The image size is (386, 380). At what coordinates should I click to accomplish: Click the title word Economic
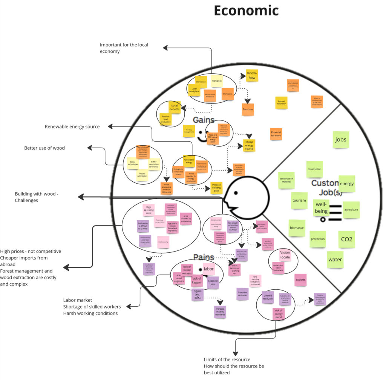246,11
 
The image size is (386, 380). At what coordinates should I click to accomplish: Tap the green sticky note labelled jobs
341,140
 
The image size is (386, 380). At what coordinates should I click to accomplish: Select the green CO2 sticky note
346,239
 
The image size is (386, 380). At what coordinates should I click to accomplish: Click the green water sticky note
335,260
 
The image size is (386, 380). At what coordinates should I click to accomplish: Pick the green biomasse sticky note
297,228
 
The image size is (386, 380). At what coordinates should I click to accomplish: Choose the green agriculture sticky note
351,210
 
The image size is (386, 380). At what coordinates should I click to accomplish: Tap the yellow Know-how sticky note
252,75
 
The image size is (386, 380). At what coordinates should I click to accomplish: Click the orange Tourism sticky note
248,110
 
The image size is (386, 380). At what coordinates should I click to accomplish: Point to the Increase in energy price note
216,188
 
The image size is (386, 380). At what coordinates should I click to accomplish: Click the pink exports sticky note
300,280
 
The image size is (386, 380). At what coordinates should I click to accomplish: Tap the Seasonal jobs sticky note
213,283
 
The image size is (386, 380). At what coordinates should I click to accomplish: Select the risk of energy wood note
279,314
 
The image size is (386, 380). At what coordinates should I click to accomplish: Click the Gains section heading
204,120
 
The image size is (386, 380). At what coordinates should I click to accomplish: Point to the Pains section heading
204,257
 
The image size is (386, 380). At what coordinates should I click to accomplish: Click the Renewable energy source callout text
72,127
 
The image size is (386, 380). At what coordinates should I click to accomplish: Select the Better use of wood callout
44,148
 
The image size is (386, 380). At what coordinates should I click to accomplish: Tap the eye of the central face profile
236,193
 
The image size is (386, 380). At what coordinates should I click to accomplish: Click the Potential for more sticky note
276,134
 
